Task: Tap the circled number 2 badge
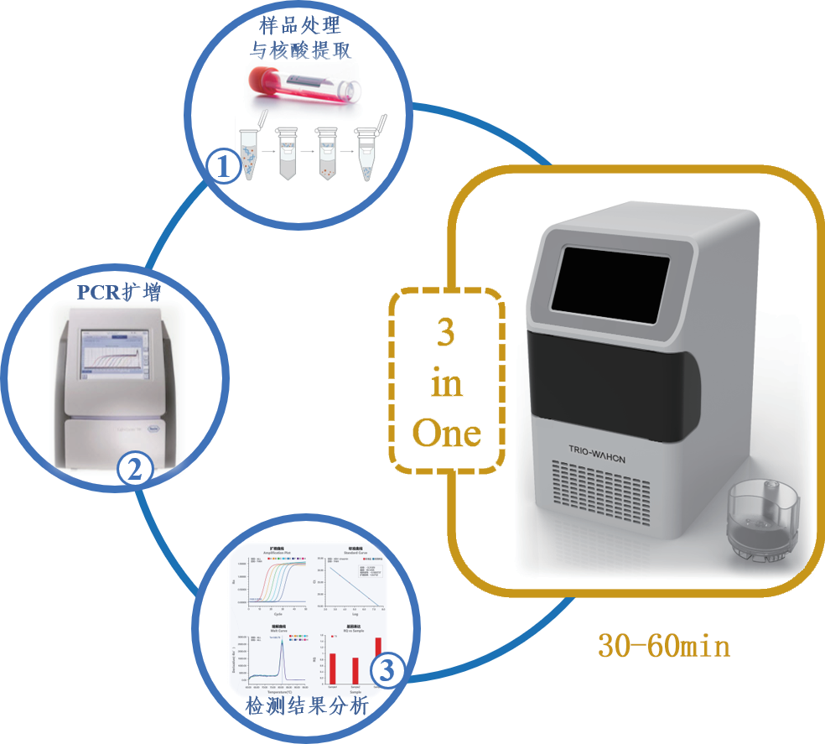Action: pos(134,468)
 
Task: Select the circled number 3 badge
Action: pos(387,670)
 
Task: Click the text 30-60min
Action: pos(663,646)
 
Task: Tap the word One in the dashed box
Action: pos(447,433)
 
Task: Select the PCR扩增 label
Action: pos(118,293)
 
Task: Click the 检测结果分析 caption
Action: pos(306,706)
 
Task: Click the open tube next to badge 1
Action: pos(252,150)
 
